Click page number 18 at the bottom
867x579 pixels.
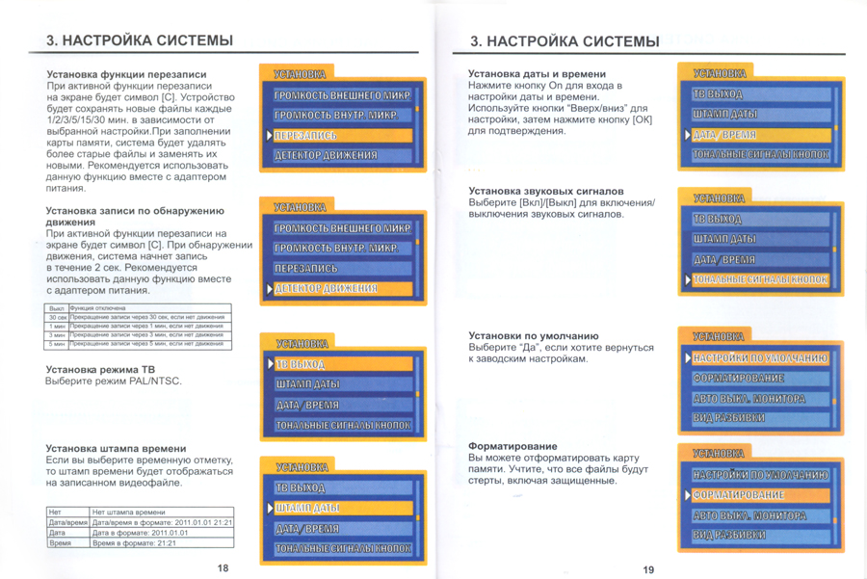223,567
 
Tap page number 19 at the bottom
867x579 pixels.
648,568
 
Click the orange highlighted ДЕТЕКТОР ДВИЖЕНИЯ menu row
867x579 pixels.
342,289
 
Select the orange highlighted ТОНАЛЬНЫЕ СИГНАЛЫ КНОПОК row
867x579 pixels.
758,280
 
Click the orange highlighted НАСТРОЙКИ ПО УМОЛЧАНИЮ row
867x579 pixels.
758,358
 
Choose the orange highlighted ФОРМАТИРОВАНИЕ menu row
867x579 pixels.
758,494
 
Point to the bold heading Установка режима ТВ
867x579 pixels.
100,369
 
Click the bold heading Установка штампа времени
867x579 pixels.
117,448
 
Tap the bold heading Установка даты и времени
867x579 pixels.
537,73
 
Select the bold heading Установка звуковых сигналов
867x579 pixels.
545,191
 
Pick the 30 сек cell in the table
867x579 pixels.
57,317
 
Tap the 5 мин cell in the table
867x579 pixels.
57,343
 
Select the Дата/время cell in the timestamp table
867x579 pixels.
67,522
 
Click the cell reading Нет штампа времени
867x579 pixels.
128,513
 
